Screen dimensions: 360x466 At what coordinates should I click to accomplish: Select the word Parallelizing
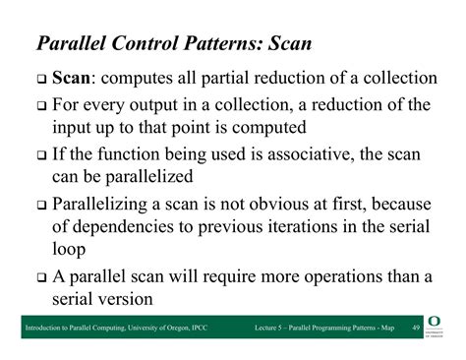point(108,206)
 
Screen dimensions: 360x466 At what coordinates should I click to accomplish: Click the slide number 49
point(415,326)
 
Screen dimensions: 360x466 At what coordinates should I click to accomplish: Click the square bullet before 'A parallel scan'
point(39,277)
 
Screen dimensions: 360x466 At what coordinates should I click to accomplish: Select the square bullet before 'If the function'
point(39,155)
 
